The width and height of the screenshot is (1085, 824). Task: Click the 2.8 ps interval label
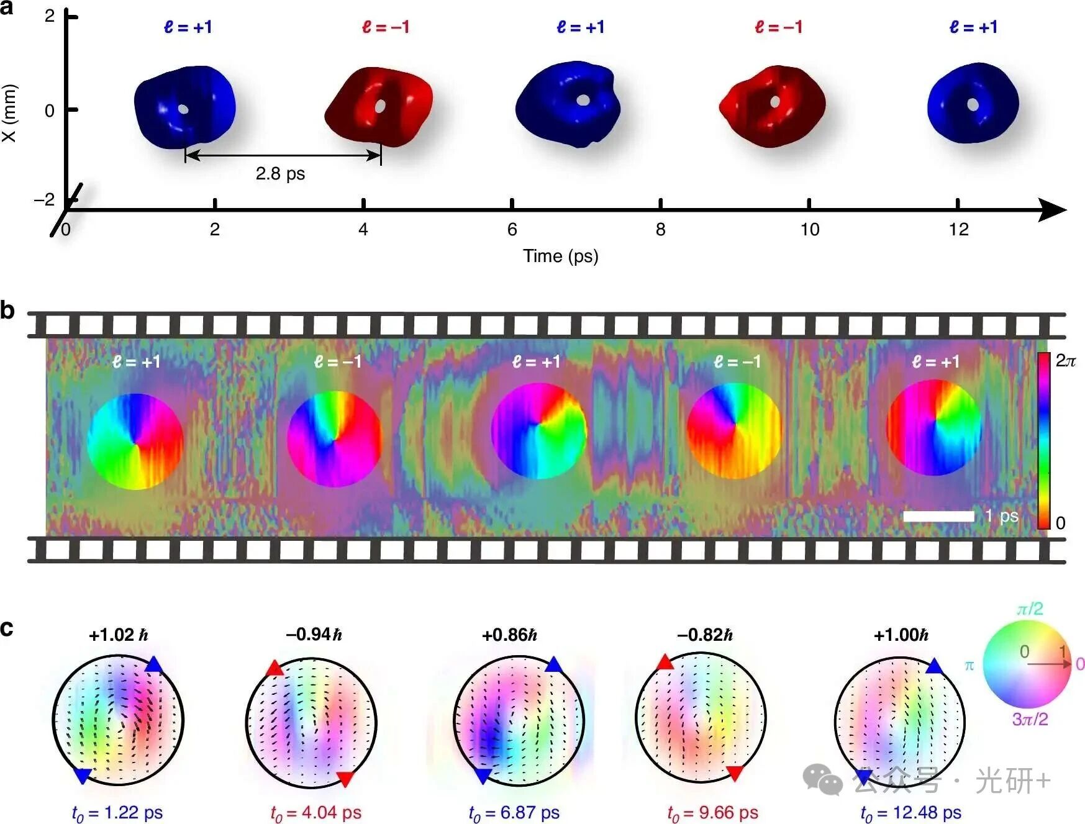[280, 173]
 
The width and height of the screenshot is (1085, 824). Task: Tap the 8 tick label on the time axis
[660, 230]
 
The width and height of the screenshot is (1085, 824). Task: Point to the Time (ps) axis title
[560, 256]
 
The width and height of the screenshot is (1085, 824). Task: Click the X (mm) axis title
[9, 113]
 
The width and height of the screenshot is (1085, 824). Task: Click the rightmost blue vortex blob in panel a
[973, 104]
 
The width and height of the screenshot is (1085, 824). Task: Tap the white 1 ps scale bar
[938, 516]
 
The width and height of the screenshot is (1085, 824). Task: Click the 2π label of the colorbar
[1066, 361]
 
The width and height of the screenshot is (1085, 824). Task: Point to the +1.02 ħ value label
[118, 635]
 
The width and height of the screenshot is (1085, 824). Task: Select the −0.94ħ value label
[314, 635]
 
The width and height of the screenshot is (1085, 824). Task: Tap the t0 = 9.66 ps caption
[712, 812]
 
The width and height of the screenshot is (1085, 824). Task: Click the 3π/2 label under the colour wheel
[1030, 719]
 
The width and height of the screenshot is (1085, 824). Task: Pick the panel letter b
[7, 310]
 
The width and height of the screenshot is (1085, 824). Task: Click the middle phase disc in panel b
[538, 431]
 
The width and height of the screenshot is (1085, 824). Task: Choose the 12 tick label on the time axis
[958, 230]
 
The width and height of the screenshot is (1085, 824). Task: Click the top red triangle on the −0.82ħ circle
[665, 662]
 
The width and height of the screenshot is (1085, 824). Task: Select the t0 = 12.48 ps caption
[910, 812]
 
